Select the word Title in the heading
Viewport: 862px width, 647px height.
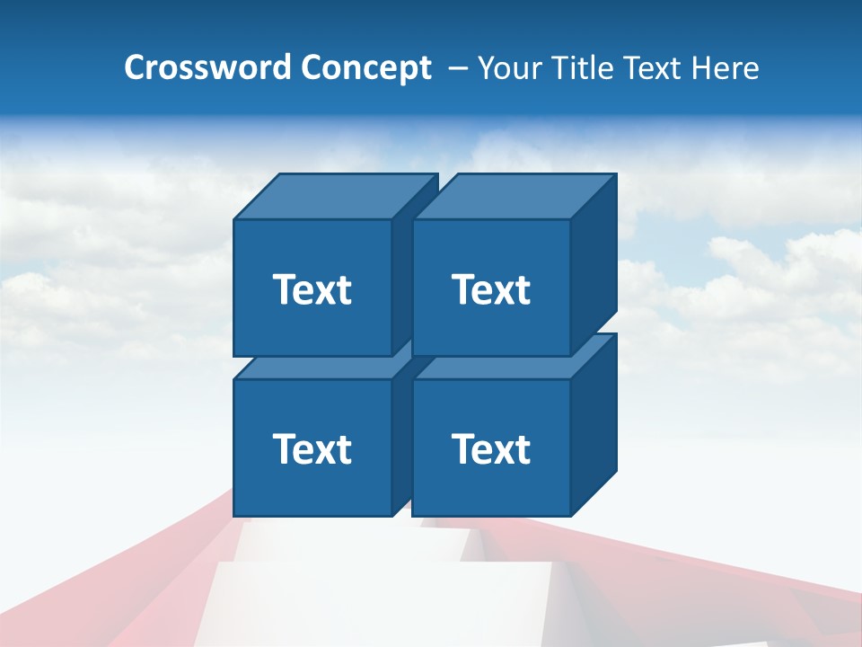581,67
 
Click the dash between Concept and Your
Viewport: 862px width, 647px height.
456,68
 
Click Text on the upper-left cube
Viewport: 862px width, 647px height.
312,289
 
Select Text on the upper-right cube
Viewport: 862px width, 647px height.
490,289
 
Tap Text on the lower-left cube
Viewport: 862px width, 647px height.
312,448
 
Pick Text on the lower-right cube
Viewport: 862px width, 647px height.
490,448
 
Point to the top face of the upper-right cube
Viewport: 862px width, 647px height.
514,196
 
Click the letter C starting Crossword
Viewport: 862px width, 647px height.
135,67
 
